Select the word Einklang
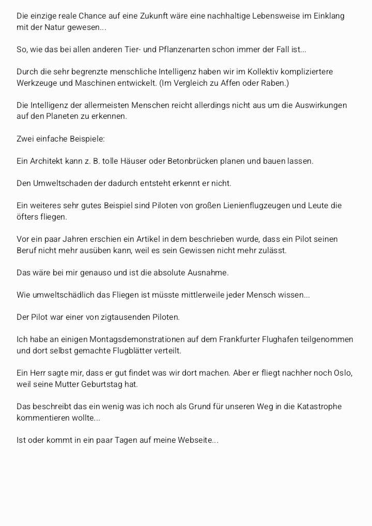coord(328,16)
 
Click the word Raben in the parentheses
coord(275,83)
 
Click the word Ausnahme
coord(210,273)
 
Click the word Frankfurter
coord(243,339)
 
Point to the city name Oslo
coord(343,373)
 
